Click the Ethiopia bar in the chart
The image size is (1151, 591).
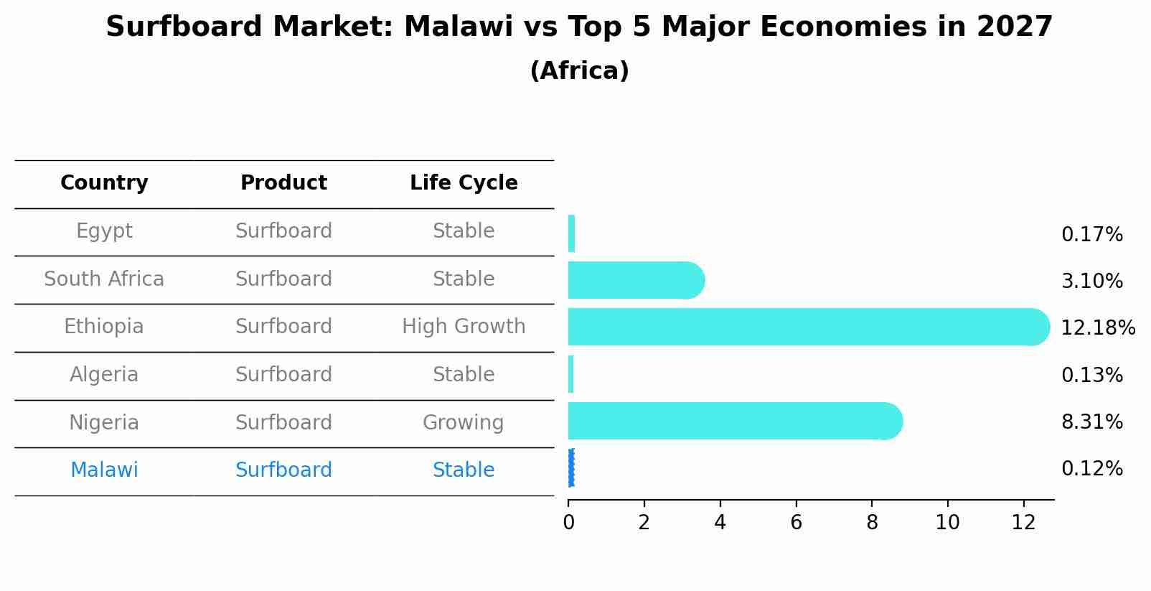tap(809, 327)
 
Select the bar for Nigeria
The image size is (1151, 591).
tap(736, 421)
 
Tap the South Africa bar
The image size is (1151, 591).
tap(636, 280)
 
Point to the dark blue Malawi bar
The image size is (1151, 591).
tap(571, 467)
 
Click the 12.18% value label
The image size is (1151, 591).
tap(1098, 327)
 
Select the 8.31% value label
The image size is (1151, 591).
tap(1092, 422)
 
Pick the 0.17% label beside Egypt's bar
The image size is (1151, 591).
tap(1092, 235)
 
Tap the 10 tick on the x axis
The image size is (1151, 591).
tap(947, 523)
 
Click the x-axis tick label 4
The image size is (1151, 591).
tap(720, 523)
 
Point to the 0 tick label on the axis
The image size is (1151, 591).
tap(568, 523)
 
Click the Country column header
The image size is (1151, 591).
tap(104, 182)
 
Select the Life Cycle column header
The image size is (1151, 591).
tap(464, 182)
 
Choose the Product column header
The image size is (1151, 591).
tap(283, 182)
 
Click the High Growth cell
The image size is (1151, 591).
tap(464, 327)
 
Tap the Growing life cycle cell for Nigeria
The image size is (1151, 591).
tap(464, 423)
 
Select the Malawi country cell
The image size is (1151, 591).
tap(104, 470)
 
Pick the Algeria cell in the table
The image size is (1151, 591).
tap(104, 374)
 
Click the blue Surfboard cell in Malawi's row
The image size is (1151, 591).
tap(283, 470)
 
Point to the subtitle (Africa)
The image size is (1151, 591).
tap(579, 70)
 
